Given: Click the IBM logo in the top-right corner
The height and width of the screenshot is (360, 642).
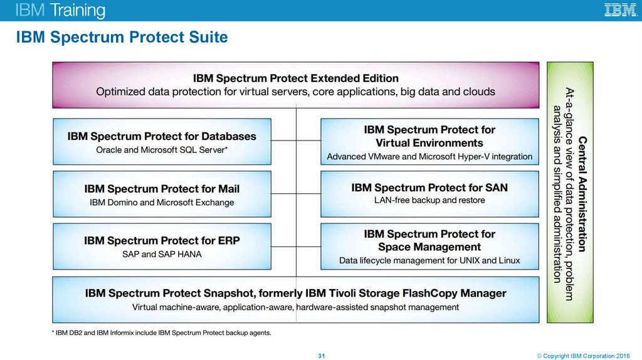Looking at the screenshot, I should pos(620,10).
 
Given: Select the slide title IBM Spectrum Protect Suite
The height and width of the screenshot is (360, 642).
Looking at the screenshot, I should pos(122,38).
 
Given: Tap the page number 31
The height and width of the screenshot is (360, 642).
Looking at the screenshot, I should pos(322,356).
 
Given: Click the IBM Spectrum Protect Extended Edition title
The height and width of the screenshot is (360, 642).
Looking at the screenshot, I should pos(295,78).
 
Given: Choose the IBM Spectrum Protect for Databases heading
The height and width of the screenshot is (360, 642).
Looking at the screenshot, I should pos(162,136).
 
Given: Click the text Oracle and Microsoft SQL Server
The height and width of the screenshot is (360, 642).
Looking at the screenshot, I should pos(161,150).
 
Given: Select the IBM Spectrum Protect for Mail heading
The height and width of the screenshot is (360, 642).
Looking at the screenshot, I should pos(162,189).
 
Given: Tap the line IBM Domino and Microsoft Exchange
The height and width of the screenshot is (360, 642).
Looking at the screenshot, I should pos(162,203).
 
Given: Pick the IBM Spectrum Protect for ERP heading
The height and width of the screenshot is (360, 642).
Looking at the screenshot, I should pos(162,240).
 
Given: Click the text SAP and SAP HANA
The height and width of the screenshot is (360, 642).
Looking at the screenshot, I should pos(162,254).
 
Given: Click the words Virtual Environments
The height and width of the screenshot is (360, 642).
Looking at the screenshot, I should pos(429,142).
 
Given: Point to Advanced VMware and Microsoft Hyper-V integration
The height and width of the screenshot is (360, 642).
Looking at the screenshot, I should pos(429,156).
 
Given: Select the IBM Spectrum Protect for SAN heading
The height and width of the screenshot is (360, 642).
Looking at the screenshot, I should pos(429,188).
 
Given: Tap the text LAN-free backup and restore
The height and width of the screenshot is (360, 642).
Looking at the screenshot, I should pos(429,200).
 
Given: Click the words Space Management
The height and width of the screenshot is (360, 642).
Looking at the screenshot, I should pos(429,247).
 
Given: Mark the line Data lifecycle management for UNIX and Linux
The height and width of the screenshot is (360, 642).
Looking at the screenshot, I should pos(429,260).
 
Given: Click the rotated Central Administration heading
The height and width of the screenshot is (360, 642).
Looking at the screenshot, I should pos(582,193).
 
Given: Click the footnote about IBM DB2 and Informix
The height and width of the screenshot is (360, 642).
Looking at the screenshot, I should pos(162,333).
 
